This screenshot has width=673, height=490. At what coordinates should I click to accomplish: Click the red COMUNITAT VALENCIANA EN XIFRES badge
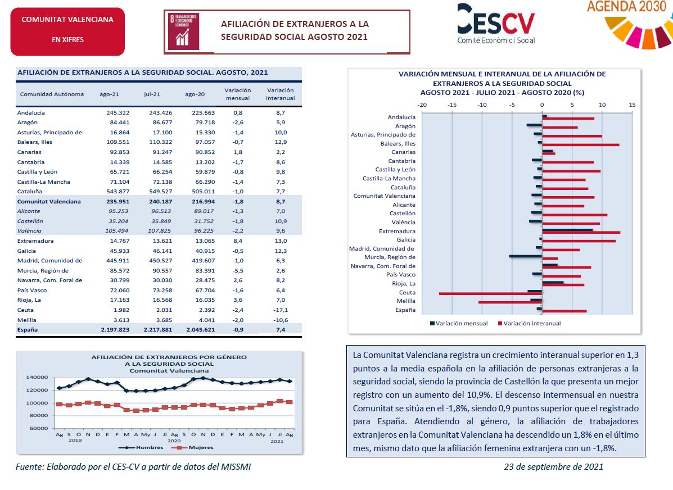point(67,31)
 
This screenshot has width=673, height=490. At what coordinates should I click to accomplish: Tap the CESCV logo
point(496,24)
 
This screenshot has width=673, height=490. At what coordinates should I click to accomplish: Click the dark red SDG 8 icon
point(184,32)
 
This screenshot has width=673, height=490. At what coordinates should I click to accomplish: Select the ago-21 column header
point(110,94)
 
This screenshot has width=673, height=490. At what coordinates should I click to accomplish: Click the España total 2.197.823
point(115,330)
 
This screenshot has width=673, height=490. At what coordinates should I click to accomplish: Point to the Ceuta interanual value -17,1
point(281,310)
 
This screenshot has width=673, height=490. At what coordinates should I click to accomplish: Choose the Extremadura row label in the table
point(35,241)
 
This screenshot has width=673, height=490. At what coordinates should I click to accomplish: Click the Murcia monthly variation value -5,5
point(238,271)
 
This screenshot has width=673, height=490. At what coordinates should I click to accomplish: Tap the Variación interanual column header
point(280,94)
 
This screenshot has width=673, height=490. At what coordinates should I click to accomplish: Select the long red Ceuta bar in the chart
point(491,294)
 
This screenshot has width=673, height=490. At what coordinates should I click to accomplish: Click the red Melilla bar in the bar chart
point(511,302)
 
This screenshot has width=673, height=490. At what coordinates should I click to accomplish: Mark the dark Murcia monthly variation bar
point(526,256)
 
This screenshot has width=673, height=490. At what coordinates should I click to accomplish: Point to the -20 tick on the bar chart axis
point(422,105)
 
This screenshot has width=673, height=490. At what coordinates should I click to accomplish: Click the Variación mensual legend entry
point(459,324)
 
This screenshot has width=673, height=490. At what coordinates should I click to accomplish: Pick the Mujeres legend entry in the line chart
point(192,447)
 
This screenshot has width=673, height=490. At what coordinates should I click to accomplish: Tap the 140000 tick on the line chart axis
point(37,378)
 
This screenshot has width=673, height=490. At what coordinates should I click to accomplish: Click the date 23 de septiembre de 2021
point(554,467)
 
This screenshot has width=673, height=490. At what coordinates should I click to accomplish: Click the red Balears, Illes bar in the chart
point(581,145)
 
